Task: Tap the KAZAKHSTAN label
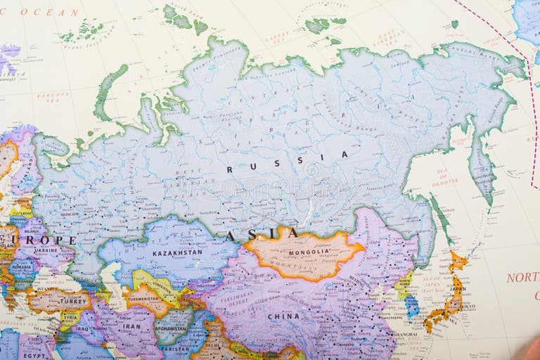click(177, 252)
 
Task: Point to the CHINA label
click(283, 316)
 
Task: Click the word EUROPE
click(38, 240)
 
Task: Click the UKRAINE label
click(46, 250)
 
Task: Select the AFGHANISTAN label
click(170, 328)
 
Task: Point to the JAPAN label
click(457, 288)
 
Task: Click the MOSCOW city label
click(69, 214)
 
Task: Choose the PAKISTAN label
click(174, 347)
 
